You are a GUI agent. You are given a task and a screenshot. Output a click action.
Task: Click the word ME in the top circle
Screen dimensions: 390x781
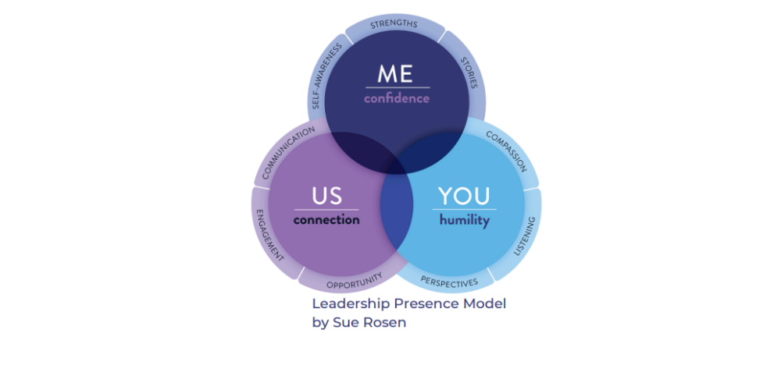coord(397,74)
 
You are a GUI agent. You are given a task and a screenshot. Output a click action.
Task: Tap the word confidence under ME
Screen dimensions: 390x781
coord(397,99)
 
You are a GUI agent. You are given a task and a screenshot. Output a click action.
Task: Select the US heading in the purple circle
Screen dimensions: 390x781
coord(326,196)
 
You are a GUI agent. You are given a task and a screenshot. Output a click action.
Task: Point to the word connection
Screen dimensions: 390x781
coord(326,220)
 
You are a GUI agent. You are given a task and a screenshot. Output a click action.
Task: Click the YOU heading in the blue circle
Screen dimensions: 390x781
coord(464,196)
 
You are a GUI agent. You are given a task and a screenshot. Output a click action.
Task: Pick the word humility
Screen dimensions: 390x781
coord(464,221)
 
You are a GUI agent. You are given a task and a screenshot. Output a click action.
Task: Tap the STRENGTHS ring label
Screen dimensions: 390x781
coord(394,23)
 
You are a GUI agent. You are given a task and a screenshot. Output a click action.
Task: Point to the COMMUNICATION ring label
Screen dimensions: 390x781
coord(288,152)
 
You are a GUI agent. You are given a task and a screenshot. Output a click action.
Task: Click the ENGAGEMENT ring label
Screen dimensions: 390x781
coord(266,233)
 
